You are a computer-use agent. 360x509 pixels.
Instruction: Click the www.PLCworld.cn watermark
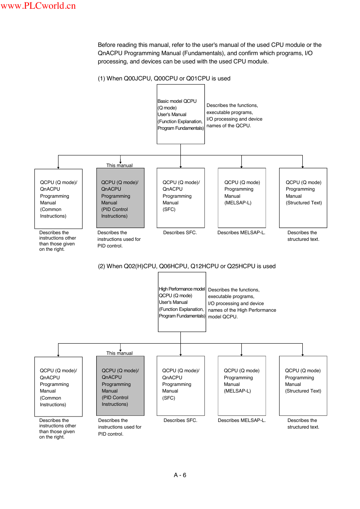click(x=38, y=5)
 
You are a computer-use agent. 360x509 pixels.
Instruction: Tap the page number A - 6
click(x=180, y=475)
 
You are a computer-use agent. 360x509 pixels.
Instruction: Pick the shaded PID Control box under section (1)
click(x=120, y=198)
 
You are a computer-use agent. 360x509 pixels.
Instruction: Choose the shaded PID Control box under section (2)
click(x=120, y=385)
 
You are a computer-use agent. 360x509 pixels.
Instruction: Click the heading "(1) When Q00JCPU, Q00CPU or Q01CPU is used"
click(x=164, y=78)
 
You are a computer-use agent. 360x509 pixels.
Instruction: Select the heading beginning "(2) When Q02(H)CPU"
click(x=187, y=266)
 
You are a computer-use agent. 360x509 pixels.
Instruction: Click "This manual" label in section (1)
click(x=119, y=165)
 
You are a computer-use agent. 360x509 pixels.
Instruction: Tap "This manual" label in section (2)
click(x=119, y=353)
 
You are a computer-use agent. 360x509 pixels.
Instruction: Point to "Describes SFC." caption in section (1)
click(x=180, y=233)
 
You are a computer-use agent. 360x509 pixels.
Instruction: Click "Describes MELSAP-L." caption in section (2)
click(x=242, y=420)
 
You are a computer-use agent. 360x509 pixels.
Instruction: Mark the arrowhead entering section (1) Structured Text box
click(x=302, y=167)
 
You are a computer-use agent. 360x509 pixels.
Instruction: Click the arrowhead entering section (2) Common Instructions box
click(x=58, y=356)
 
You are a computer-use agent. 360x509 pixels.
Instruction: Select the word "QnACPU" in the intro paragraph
click(x=110, y=53)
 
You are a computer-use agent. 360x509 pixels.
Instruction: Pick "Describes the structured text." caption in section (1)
click(x=303, y=236)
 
